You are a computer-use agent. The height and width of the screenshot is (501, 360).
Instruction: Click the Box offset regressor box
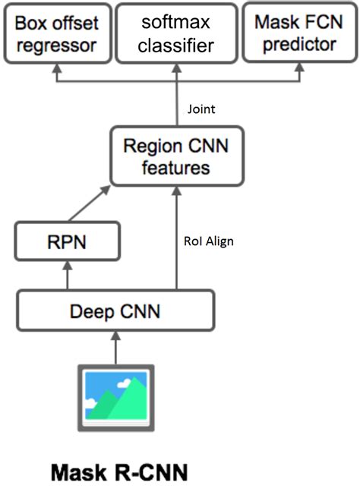(x=57, y=34)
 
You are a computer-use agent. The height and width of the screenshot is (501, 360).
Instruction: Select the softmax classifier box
(x=178, y=34)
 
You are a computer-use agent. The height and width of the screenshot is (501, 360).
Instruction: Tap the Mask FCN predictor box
(x=299, y=34)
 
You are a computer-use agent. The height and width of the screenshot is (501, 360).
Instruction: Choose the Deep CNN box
(x=115, y=311)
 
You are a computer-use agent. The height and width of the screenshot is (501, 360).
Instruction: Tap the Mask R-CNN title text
(x=118, y=474)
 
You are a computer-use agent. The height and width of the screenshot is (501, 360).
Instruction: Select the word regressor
(x=57, y=46)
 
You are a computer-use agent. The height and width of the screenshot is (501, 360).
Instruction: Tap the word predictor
(x=299, y=46)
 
